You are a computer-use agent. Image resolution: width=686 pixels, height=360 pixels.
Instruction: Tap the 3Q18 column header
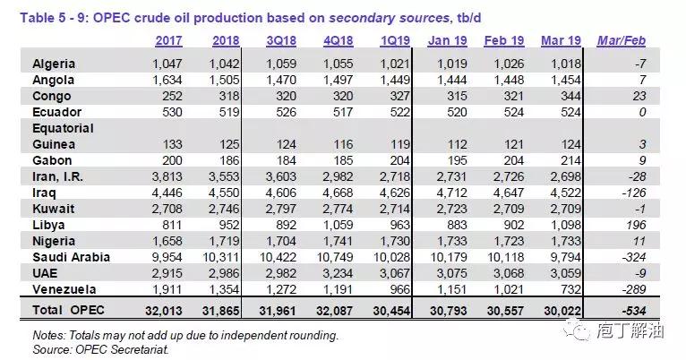click(x=281, y=42)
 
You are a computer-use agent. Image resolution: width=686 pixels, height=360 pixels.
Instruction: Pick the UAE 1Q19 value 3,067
click(x=390, y=273)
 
